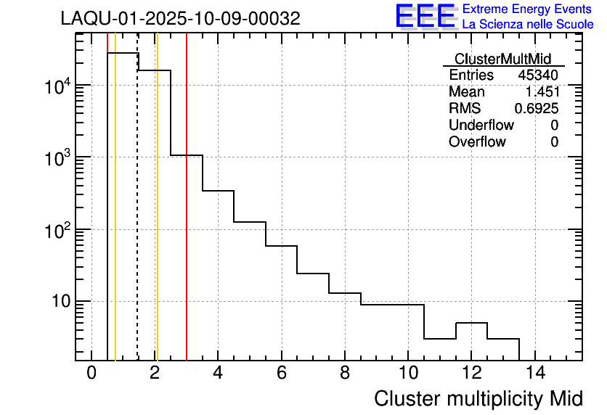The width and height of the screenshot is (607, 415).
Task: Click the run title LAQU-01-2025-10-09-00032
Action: (x=180, y=19)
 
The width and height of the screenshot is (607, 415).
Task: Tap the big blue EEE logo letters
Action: (x=425, y=17)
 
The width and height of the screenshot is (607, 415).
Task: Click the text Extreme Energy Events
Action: (x=527, y=9)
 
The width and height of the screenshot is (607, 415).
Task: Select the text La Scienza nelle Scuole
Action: (x=527, y=25)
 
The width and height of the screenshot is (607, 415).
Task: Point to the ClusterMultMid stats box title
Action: (x=502, y=59)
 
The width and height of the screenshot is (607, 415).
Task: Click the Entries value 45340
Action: (x=538, y=75)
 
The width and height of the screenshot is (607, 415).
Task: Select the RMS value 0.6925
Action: (x=537, y=109)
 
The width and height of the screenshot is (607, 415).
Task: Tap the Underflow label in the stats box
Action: (x=481, y=126)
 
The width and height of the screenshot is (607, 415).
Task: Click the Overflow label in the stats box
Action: (x=477, y=142)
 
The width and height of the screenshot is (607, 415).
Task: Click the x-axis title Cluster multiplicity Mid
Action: (x=478, y=398)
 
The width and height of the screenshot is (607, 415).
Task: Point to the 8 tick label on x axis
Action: (x=345, y=373)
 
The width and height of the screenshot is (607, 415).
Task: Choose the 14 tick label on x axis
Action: (x=534, y=373)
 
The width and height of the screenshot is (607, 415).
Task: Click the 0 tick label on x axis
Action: (x=91, y=373)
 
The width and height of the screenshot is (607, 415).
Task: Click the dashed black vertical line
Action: (x=138, y=218)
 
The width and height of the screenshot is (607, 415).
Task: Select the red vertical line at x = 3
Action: (x=187, y=218)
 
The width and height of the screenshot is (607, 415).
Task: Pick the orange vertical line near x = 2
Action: (x=157, y=218)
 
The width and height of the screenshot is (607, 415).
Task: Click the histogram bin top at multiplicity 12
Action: (x=471, y=323)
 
